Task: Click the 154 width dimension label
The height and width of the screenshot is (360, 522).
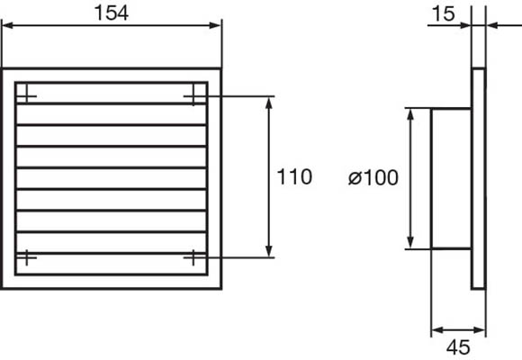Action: (x=112, y=13)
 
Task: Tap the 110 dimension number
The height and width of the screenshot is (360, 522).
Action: (x=294, y=176)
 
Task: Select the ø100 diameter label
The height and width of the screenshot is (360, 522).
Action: (x=373, y=177)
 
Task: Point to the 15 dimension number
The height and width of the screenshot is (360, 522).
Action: (x=443, y=14)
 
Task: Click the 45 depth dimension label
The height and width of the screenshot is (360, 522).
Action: (x=458, y=347)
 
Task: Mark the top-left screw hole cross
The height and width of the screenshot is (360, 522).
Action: (x=27, y=96)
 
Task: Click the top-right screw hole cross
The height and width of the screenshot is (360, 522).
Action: (x=193, y=96)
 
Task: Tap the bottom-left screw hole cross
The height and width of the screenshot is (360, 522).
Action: (x=27, y=257)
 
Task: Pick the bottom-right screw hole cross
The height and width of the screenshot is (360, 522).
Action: (x=193, y=257)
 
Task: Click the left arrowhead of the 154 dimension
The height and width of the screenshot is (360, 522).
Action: (x=7, y=25)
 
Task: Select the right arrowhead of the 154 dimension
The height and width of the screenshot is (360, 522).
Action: (x=215, y=25)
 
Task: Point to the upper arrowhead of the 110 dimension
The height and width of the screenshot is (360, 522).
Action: (x=269, y=103)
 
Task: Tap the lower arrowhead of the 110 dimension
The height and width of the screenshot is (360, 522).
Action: (x=269, y=251)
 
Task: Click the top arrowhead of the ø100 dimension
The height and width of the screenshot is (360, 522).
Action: (x=410, y=114)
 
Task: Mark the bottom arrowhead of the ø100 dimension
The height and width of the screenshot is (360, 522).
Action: (x=410, y=242)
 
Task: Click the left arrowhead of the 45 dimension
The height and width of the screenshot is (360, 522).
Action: (x=437, y=330)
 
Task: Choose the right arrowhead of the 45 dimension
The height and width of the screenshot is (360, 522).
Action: (x=480, y=330)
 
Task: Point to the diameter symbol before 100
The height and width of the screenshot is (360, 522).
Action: (x=355, y=178)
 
